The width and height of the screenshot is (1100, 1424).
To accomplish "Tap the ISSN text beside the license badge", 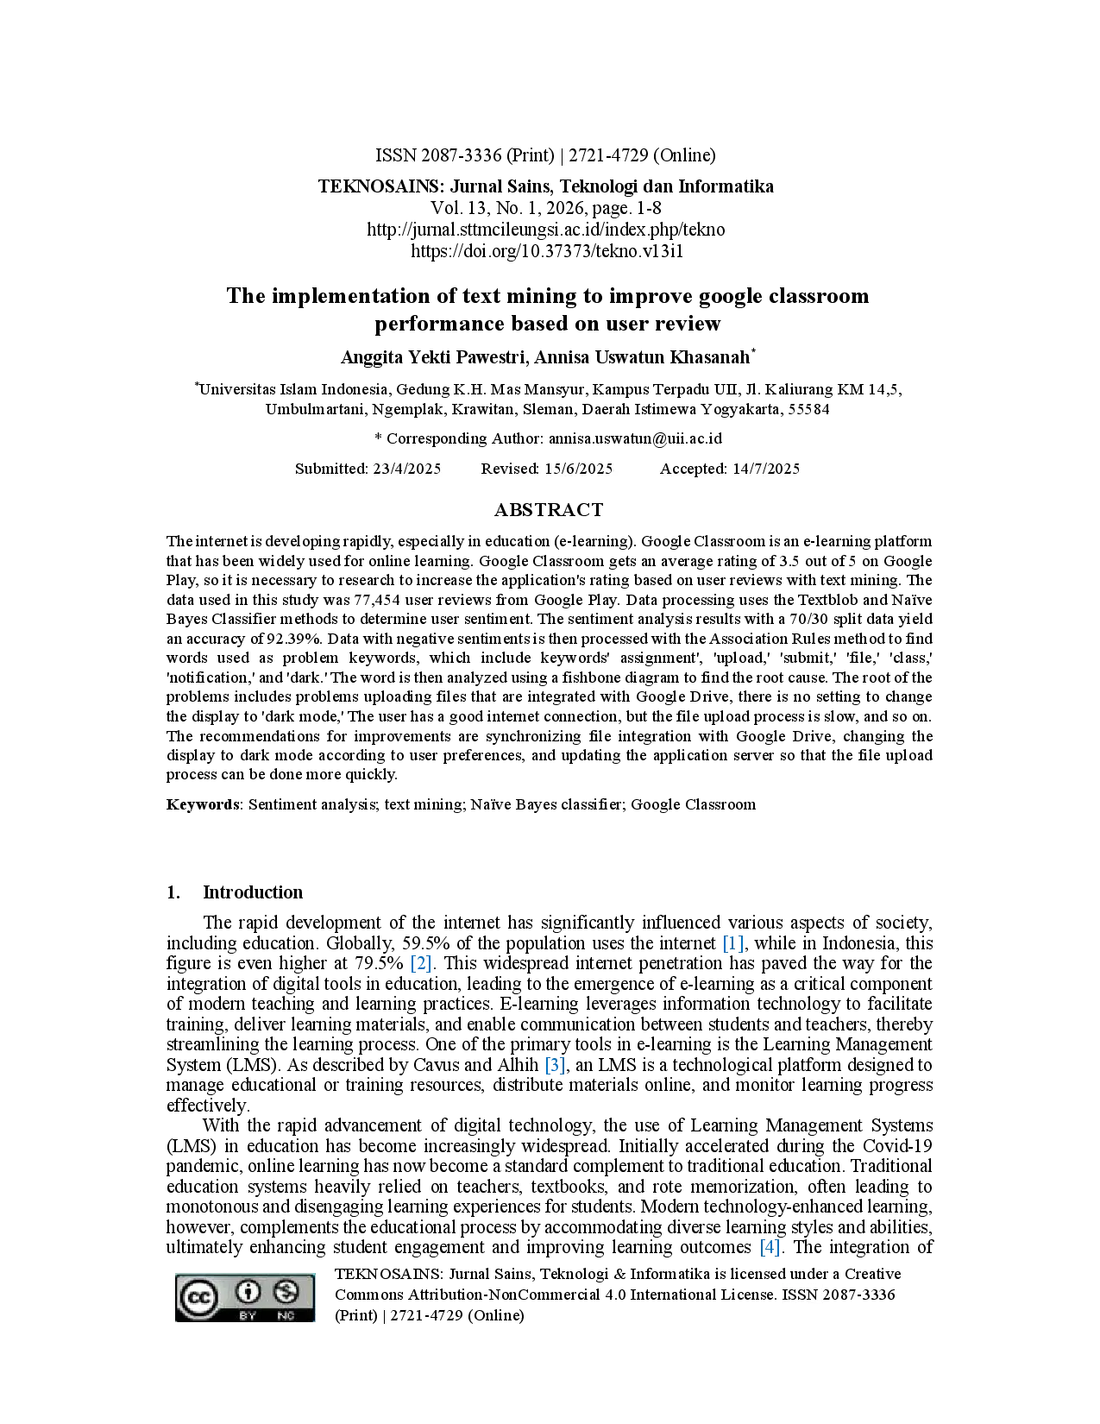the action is (x=800, y=1294).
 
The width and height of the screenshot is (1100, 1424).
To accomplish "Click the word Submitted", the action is (x=331, y=469).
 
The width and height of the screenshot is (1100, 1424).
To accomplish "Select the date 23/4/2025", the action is (x=407, y=469).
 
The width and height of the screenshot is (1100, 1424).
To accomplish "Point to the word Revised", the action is (x=510, y=469).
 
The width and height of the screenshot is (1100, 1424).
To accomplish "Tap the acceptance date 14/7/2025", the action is (x=766, y=469).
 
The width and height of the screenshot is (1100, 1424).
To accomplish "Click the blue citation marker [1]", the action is (x=732, y=942).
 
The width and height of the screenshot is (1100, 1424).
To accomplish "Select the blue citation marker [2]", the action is (x=421, y=962).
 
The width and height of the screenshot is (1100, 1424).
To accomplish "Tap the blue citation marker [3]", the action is (x=555, y=1066).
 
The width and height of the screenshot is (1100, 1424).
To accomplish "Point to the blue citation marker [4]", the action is (x=770, y=1246).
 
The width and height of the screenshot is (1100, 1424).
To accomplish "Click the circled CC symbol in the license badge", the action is (x=198, y=1297).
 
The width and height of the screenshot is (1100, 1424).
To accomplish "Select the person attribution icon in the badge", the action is (x=248, y=1292).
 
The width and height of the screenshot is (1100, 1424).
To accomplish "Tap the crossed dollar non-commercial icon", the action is (x=286, y=1292).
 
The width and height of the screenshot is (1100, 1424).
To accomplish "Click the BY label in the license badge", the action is (x=248, y=1315).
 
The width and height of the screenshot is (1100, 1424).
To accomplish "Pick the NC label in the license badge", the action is (x=286, y=1315).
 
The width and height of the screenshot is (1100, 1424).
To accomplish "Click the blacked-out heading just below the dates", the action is (x=550, y=507).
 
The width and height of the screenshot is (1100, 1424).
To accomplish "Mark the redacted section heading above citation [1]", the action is (x=251, y=894).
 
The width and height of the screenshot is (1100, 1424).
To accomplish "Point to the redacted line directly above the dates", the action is (x=550, y=438).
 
